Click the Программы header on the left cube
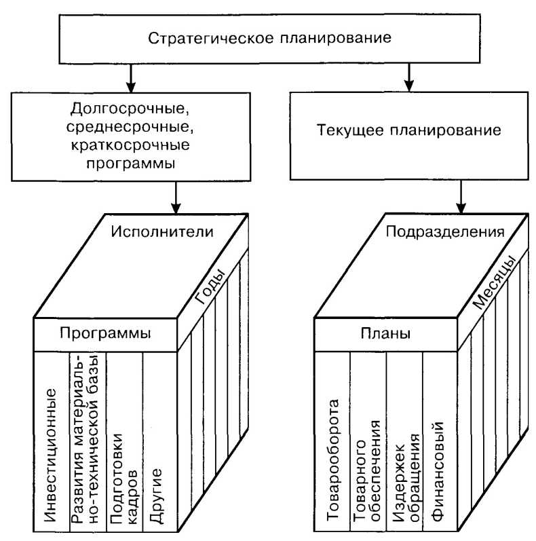point(104,333)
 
